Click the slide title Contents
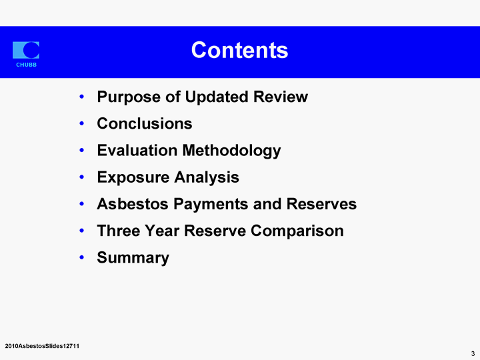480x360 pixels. (x=240, y=50)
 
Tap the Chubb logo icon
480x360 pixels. (x=26, y=50)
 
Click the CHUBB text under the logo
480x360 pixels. (x=26, y=65)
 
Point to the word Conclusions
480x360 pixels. (x=145, y=124)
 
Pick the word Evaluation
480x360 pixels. (x=137, y=150)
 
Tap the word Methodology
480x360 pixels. (x=232, y=151)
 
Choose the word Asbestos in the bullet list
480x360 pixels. (x=133, y=204)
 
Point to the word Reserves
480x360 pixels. (x=321, y=204)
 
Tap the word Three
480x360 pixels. (x=118, y=231)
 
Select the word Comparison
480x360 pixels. (x=297, y=231)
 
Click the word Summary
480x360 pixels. (x=133, y=258)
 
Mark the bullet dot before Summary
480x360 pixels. (x=81, y=257)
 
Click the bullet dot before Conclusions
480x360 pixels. (x=81, y=124)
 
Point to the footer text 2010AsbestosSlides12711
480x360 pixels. (x=42, y=346)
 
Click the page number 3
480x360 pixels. (x=473, y=353)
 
